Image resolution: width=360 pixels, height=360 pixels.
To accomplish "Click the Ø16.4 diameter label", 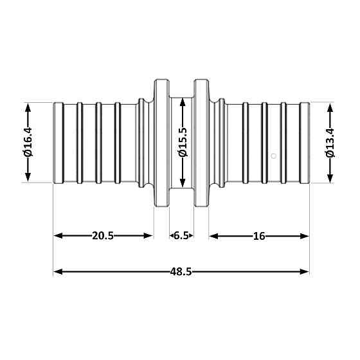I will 27,142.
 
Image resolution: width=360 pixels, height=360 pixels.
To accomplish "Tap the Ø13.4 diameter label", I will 330,142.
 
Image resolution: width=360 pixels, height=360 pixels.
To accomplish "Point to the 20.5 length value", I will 103,236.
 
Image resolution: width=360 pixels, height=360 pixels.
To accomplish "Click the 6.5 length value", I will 181,236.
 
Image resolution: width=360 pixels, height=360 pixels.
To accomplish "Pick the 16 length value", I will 259,236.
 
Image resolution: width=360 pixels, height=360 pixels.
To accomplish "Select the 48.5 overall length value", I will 181,271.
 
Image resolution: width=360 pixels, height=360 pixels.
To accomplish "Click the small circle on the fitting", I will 274,155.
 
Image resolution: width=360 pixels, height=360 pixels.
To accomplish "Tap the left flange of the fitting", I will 161,142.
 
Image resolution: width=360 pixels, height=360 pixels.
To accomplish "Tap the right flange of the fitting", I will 201,142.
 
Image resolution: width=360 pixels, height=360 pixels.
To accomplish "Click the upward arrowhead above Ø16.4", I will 27,107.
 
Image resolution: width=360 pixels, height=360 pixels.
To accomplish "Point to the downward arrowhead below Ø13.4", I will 330,178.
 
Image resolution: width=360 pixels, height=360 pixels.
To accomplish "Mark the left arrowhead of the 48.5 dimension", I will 58,271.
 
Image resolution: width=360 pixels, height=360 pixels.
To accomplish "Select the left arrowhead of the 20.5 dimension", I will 58,236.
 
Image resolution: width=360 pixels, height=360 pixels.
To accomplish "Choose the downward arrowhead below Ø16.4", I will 27,178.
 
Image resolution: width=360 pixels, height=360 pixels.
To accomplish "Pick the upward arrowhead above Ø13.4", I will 330,107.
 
